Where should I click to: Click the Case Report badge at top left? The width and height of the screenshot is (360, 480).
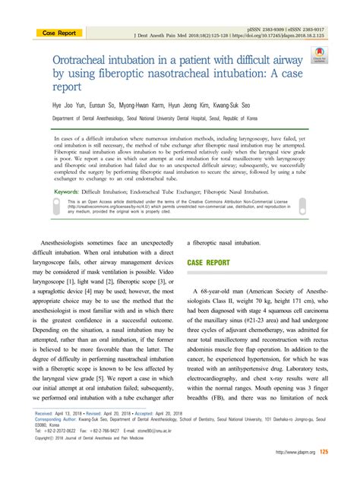[x=59, y=33]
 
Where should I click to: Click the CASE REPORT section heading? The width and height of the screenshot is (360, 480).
[x=208, y=262]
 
